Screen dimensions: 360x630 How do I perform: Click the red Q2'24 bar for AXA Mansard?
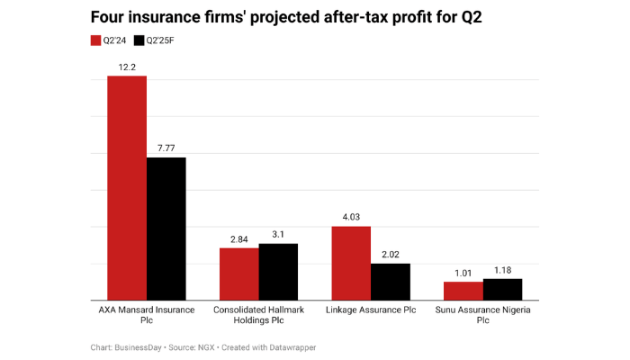(127, 188)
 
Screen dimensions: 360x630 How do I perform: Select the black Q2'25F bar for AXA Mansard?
(166, 229)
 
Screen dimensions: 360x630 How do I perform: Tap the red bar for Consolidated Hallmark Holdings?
(239, 274)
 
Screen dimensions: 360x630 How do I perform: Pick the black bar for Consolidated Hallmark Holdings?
(278, 272)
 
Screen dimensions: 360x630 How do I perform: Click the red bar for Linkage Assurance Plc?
(351, 263)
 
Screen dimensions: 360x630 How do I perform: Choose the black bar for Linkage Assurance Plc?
(391, 282)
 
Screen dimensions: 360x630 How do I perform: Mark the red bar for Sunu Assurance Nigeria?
(463, 291)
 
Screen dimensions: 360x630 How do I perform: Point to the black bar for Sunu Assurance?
(502, 289)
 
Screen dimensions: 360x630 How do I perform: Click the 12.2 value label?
(127, 67)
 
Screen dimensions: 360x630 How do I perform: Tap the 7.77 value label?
(166, 148)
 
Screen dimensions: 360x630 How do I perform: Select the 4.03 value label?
(351, 217)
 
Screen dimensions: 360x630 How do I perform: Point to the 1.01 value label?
(463, 272)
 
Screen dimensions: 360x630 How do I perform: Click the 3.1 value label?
(278, 234)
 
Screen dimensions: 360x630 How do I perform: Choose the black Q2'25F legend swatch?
(139, 40)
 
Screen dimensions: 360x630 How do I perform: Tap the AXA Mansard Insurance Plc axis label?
(147, 314)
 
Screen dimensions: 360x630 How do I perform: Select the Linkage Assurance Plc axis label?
(371, 310)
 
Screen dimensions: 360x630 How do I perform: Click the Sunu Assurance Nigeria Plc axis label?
(483, 314)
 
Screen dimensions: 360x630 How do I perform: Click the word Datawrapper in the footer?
(291, 347)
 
